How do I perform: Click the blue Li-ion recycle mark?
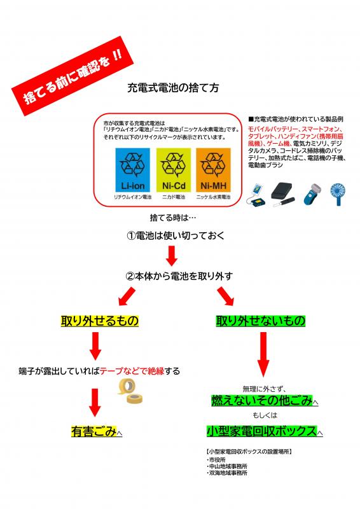(133, 170)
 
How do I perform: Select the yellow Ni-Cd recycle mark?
(174, 170)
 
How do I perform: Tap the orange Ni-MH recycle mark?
(213, 170)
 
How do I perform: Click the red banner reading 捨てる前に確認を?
(73, 76)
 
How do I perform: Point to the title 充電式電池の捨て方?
(173, 88)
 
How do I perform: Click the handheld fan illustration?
(337, 195)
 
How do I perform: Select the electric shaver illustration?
(310, 195)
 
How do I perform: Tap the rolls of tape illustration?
(130, 391)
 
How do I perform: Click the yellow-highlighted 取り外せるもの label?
(100, 321)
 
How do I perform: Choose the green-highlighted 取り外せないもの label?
(261, 321)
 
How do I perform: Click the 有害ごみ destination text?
(93, 431)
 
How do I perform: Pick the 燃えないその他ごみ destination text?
(261, 401)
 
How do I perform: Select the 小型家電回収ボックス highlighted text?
(261, 431)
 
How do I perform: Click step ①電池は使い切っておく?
(176, 235)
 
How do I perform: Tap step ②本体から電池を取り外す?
(179, 276)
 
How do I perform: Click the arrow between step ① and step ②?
(172, 256)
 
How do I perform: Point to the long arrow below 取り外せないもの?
(263, 354)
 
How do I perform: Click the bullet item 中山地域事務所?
(227, 466)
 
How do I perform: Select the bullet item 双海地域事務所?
(227, 473)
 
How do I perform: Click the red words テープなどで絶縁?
(132, 371)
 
